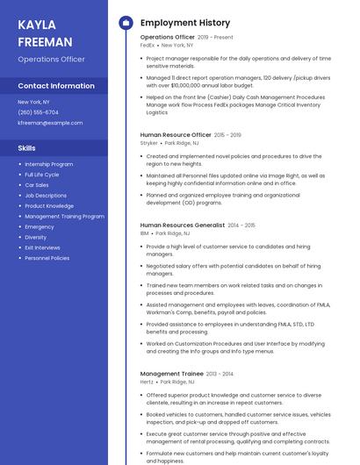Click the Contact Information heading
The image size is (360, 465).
(x=56, y=86)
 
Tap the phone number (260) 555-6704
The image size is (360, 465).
(x=39, y=112)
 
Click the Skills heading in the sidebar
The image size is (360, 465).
(x=27, y=148)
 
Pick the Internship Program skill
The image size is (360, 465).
(x=49, y=164)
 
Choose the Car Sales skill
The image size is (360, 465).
(x=37, y=185)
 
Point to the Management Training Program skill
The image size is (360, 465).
(x=64, y=216)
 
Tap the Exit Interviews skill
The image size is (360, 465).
(x=42, y=247)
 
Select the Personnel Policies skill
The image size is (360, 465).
(x=47, y=258)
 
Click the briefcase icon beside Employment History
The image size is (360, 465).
(x=126, y=22)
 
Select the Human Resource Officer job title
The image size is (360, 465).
(x=176, y=135)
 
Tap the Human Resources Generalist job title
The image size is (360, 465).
(x=183, y=225)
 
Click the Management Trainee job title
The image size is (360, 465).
(x=172, y=374)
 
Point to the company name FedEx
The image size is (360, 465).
(x=148, y=45)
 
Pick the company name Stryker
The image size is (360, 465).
(x=149, y=142)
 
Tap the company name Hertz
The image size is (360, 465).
(x=147, y=382)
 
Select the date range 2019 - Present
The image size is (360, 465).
(x=216, y=38)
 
